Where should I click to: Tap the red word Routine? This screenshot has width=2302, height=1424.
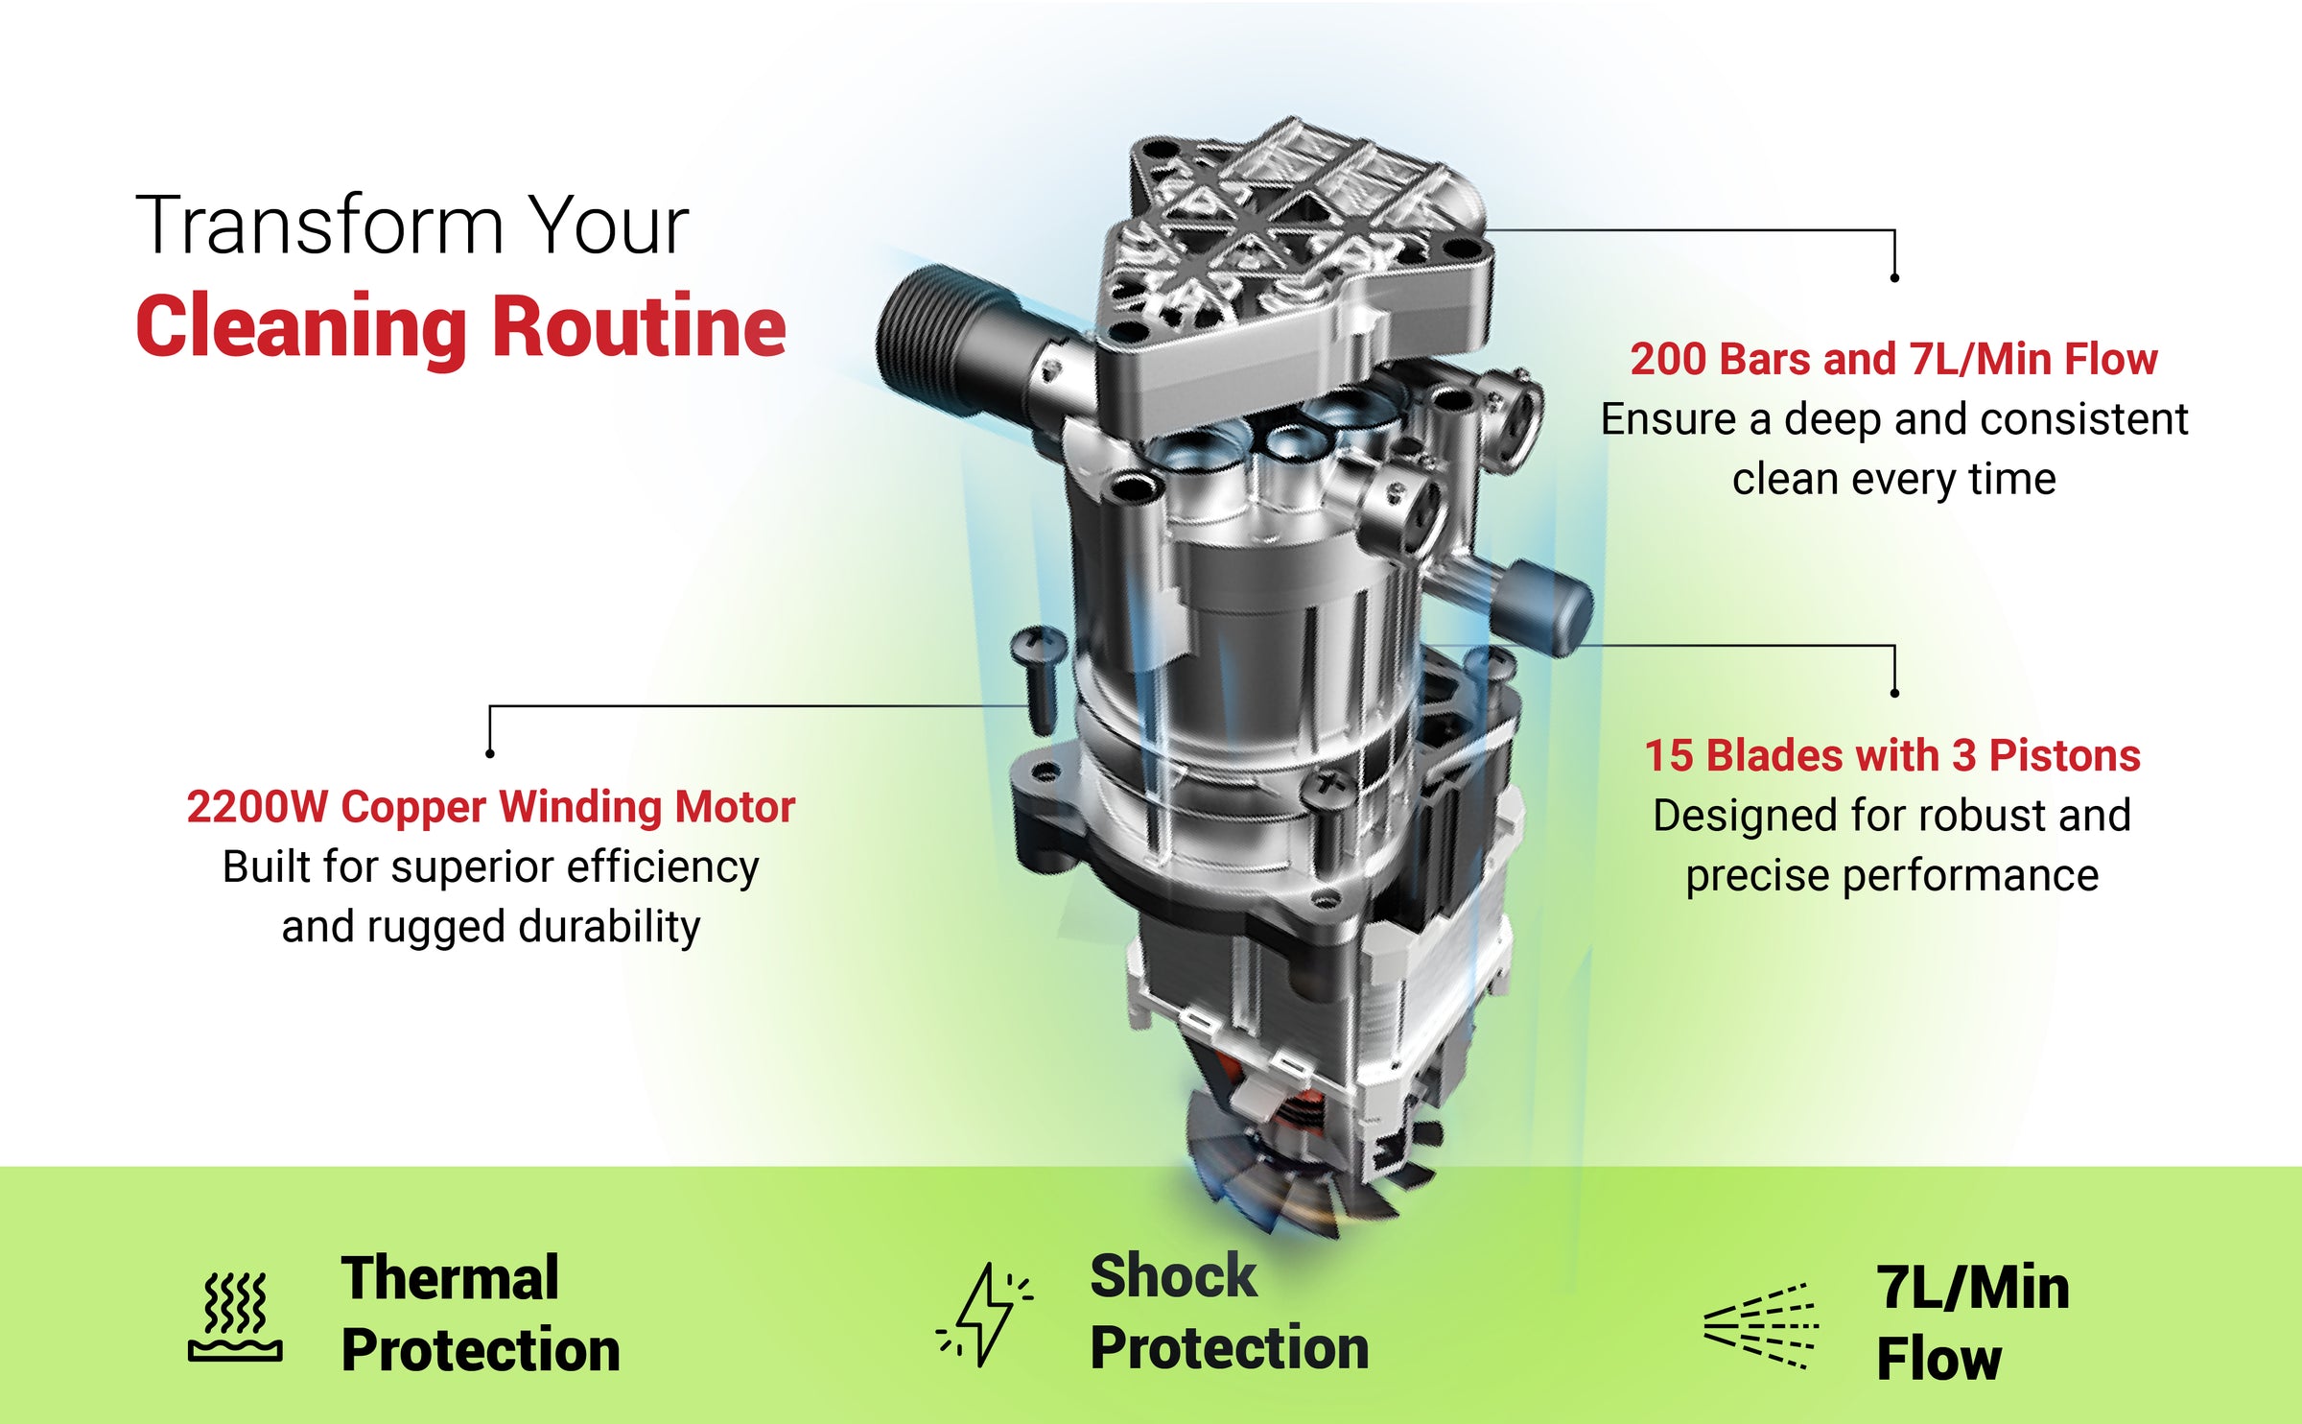click(639, 326)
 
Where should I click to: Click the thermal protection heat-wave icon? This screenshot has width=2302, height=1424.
click(235, 1317)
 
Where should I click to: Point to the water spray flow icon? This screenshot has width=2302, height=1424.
click(1760, 1325)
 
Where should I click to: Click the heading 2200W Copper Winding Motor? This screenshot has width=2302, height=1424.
click(490, 807)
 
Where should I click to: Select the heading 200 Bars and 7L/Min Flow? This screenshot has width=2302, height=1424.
click(1893, 360)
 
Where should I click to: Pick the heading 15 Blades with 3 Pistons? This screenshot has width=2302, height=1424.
click(1892, 756)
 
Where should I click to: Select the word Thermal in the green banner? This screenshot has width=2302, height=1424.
click(450, 1278)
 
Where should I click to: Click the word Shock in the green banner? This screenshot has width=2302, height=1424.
click(1173, 1276)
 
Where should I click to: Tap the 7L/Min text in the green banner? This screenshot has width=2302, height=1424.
click(1972, 1288)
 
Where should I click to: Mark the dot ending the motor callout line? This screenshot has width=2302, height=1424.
click(490, 754)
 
